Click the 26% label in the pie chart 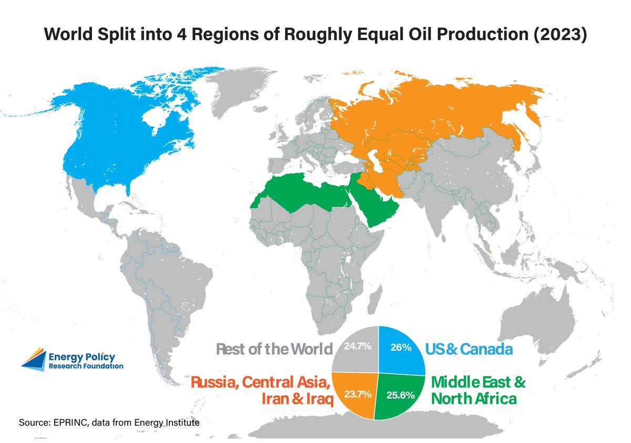click(400, 347)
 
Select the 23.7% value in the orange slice click(358, 393)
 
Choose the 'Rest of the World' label click(274, 349)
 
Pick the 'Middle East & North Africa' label click(478, 389)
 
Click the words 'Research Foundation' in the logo click(86, 366)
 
